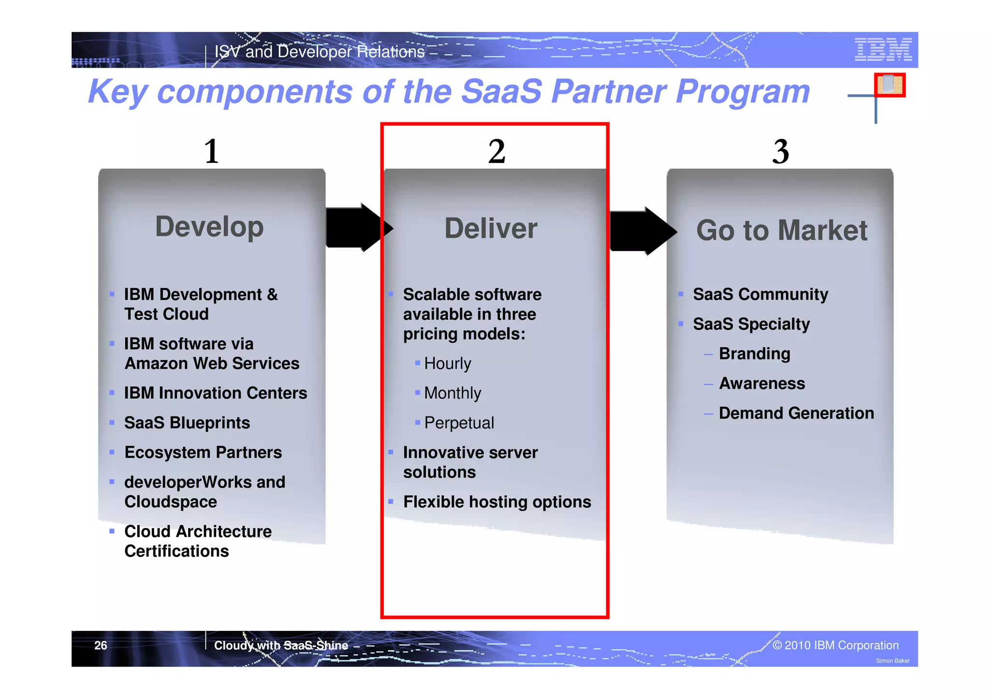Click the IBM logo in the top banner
(883, 49)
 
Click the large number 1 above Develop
(211, 151)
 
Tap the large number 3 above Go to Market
(780, 151)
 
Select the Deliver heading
(490, 228)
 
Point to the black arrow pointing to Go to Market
(641, 231)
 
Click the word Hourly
(447, 364)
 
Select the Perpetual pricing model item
(459, 423)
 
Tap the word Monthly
(452, 393)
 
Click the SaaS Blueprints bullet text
(187, 423)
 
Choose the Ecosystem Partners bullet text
(203, 453)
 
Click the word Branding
(754, 354)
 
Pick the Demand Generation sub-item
(796, 414)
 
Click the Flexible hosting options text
(497, 502)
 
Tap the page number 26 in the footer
(101, 646)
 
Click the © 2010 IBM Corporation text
(835, 646)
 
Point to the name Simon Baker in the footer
(892, 661)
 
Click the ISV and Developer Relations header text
(319, 52)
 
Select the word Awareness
(762, 384)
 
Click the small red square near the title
(889, 85)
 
